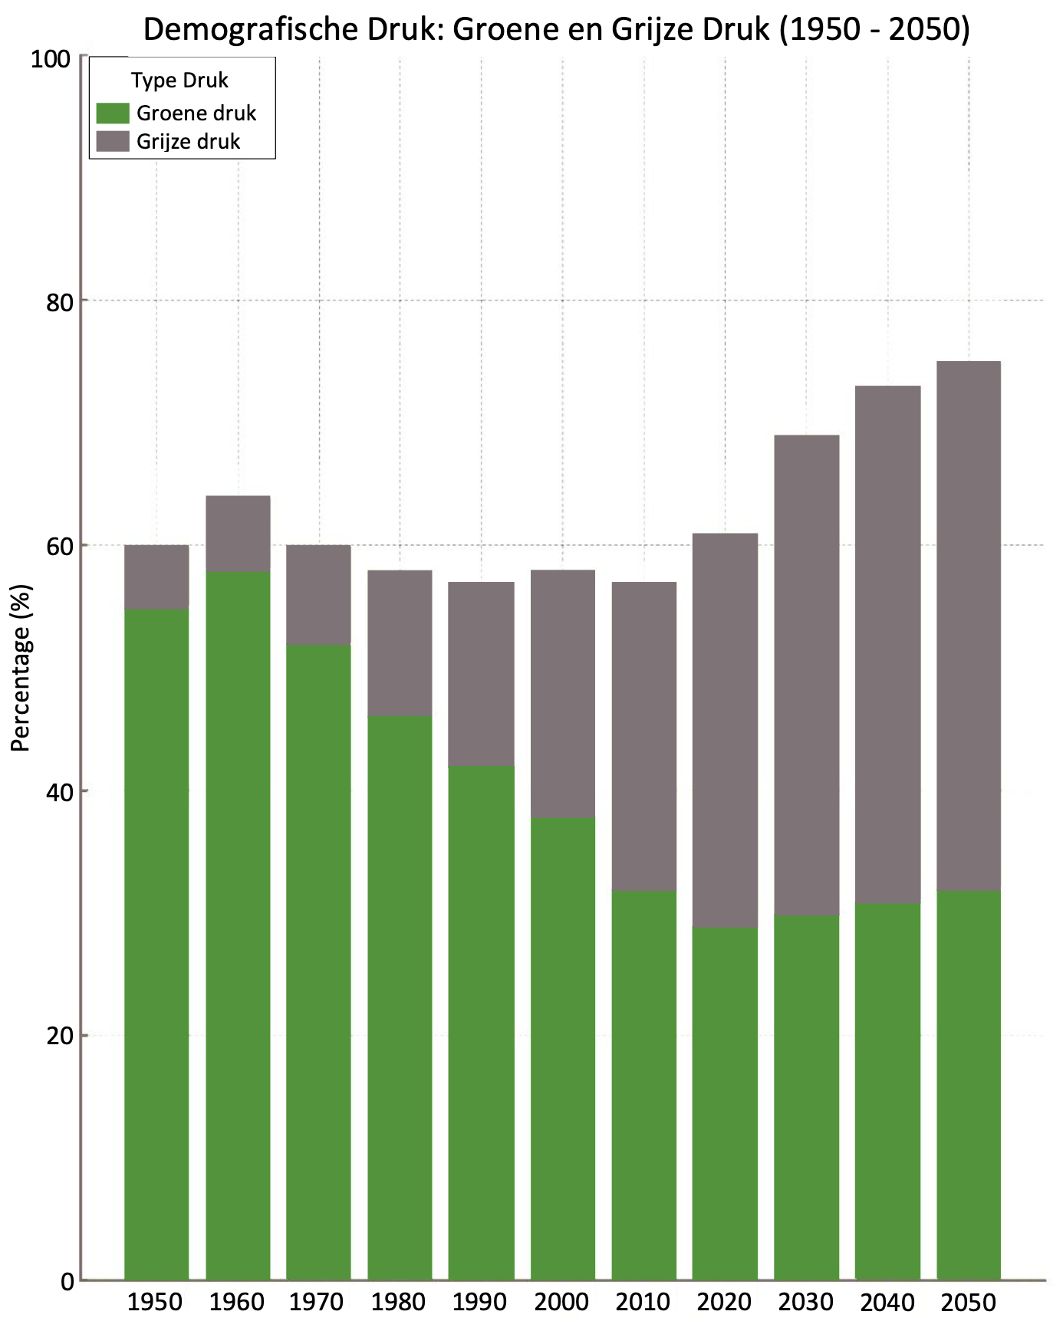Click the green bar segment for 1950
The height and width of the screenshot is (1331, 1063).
pos(156,944)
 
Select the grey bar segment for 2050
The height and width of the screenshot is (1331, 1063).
pos(969,626)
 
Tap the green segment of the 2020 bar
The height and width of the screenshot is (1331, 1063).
pos(725,1103)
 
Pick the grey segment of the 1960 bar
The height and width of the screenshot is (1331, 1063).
pos(238,534)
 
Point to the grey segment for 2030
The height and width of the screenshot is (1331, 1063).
pos(806,675)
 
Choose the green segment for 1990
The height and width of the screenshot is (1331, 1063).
pos(481,1023)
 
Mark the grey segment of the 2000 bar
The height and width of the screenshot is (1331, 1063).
pos(563,694)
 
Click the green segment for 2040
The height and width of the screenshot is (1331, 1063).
pos(887,1091)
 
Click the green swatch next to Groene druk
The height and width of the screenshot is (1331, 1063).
pos(113,113)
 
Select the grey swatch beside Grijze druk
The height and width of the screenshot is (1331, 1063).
pos(113,141)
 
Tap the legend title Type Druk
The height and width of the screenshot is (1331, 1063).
pos(179,81)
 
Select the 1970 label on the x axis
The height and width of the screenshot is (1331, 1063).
pos(318,1302)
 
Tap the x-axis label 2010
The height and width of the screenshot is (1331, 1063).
pos(643,1302)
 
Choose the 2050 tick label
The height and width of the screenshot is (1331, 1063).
pos(968,1302)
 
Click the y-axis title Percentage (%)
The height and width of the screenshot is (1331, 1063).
pos(21,668)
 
